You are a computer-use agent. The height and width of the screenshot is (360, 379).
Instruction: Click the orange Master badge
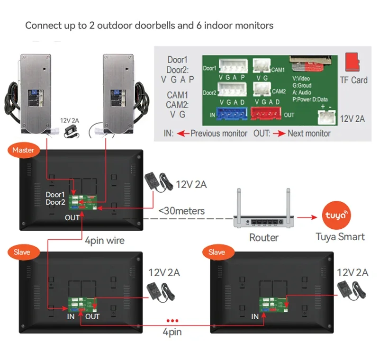(x=23, y=150)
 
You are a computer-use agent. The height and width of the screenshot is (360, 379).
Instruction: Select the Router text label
(x=264, y=237)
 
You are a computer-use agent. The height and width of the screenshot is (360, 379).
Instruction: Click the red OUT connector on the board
(x=266, y=114)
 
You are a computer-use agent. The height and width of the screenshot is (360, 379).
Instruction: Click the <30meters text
(x=181, y=210)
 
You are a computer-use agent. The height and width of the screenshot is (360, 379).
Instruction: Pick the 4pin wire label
(x=104, y=241)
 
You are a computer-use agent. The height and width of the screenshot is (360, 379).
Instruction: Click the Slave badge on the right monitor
(x=217, y=252)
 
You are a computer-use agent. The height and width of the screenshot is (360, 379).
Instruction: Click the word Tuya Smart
(x=340, y=236)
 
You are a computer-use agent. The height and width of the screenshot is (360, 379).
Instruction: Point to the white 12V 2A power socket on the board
(x=326, y=117)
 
